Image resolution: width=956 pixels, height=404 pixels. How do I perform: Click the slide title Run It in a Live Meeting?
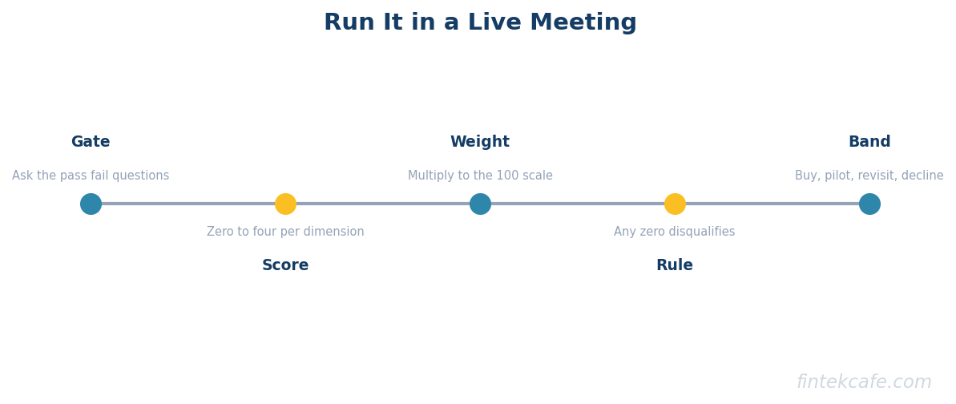click(480, 23)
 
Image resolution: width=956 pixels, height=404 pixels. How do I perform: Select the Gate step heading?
click(91, 142)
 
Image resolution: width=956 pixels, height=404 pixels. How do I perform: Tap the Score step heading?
click(285, 265)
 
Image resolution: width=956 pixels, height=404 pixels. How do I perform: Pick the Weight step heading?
click(480, 142)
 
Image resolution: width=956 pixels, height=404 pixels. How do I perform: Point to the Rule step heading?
click(674, 265)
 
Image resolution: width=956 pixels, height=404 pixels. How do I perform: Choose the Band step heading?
click(869, 142)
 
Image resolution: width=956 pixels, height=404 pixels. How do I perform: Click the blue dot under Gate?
click(91, 204)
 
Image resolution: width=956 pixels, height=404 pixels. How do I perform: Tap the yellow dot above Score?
click(285, 204)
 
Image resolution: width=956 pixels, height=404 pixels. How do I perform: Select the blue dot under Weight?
click(481, 204)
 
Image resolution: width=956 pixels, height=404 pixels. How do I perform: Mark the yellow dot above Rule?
click(675, 204)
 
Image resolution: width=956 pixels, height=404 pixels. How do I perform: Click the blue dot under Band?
click(869, 204)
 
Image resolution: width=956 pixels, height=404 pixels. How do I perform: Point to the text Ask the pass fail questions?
click(91, 176)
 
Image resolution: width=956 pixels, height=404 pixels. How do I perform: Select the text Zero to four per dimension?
click(285, 232)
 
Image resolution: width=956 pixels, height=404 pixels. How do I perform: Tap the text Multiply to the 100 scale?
click(481, 176)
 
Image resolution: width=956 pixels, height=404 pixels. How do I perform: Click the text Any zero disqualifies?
click(674, 232)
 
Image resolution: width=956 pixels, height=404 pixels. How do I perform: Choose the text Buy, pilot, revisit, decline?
click(869, 176)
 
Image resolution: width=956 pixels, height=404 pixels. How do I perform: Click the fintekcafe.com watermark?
click(864, 382)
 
